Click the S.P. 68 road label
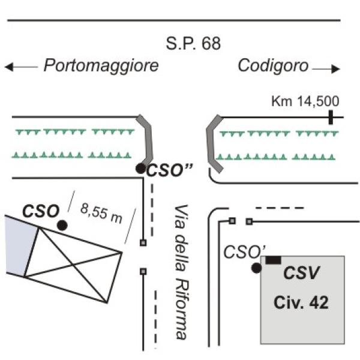(x=193, y=44)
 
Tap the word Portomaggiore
(x=101, y=66)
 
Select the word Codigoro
(x=273, y=66)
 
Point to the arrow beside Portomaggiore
(x=20, y=67)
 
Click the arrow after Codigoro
(x=326, y=69)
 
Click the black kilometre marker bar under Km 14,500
(x=331, y=116)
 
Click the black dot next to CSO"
(x=140, y=169)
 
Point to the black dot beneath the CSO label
(x=62, y=225)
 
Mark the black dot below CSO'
(x=256, y=268)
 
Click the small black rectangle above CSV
(x=274, y=260)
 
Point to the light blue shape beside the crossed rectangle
(x=14, y=245)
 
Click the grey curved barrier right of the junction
(x=212, y=143)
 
